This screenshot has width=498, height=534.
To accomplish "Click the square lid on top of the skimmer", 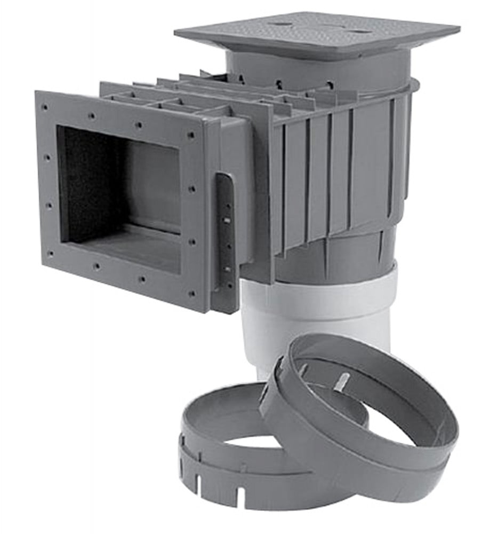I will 317,33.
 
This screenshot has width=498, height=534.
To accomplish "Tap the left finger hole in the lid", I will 279,25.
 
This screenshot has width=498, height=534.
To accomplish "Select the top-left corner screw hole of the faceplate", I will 45,107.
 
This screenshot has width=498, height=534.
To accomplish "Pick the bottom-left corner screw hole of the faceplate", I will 51,254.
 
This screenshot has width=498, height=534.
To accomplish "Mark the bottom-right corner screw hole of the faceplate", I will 191,293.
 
